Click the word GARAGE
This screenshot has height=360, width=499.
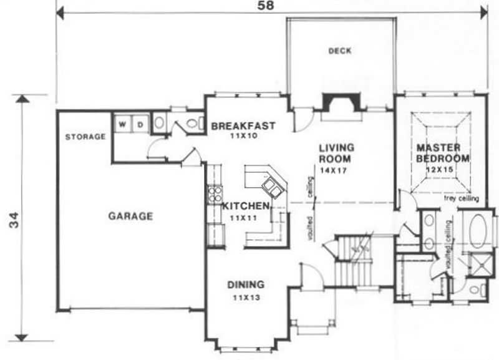coord(130,216)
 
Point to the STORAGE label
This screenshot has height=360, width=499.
coord(85,137)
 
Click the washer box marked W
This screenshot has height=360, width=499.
coord(122,124)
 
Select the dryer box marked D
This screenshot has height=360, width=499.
coord(140,124)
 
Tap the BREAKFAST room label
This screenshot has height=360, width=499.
coord(243,126)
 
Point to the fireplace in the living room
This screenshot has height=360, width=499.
coord(341,103)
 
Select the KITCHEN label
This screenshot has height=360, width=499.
coord(246,205)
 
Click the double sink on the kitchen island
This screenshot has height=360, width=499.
coord(273,187)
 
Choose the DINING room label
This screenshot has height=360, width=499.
coord(245,285)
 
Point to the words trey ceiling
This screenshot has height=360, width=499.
coord(461,199)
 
